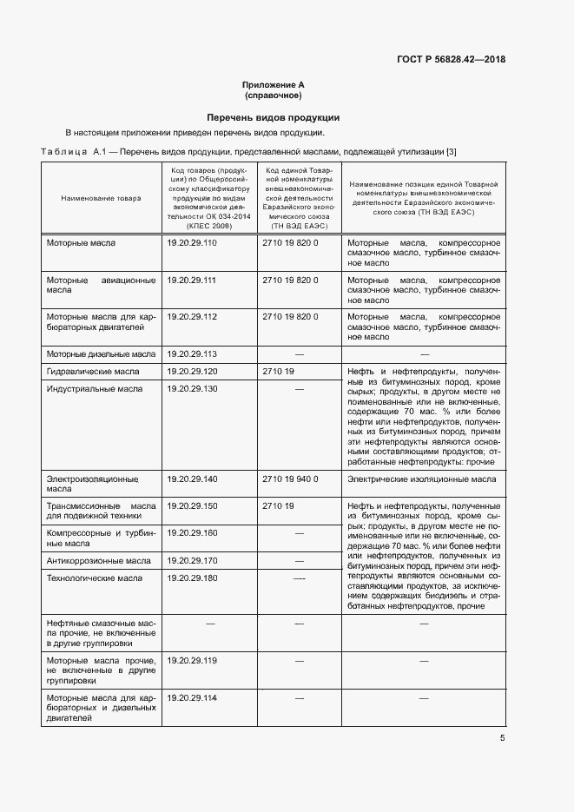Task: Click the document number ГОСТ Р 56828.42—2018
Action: (451, 60)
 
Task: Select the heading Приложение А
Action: (273, 84)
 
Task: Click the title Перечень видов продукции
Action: (273, 117)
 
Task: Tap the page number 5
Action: (503, 738)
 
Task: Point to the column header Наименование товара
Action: (100, 199)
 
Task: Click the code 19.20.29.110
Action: (191, 243)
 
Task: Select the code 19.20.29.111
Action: (191, 280)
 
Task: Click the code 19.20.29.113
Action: (191, 354)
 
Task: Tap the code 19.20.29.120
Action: (191, 371)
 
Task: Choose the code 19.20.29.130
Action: (191, 388)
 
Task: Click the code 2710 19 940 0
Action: (290, 479)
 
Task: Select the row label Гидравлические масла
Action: (93, 371)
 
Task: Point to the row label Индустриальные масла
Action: (94, 388)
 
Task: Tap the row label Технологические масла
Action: (94, 578)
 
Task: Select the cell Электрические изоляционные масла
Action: (422, 479)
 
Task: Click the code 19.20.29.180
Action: (191, 578)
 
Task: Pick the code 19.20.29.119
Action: (191, 661)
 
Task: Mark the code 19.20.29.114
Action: (191, 698)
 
